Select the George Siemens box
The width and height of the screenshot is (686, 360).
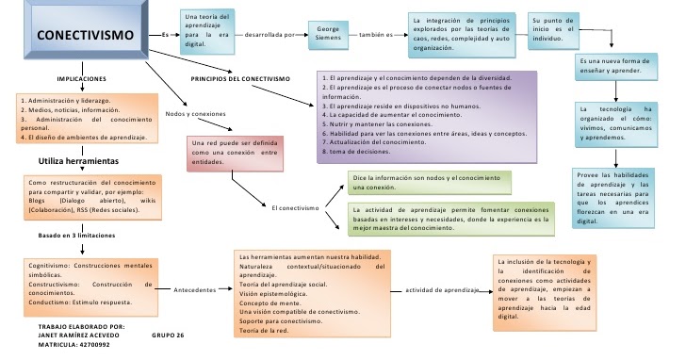328,34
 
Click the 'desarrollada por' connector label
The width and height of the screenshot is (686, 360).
271,34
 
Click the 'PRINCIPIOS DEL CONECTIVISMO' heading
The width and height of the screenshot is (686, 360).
239,78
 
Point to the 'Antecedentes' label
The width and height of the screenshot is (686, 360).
196,290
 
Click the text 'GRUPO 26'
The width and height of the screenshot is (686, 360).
167,335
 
